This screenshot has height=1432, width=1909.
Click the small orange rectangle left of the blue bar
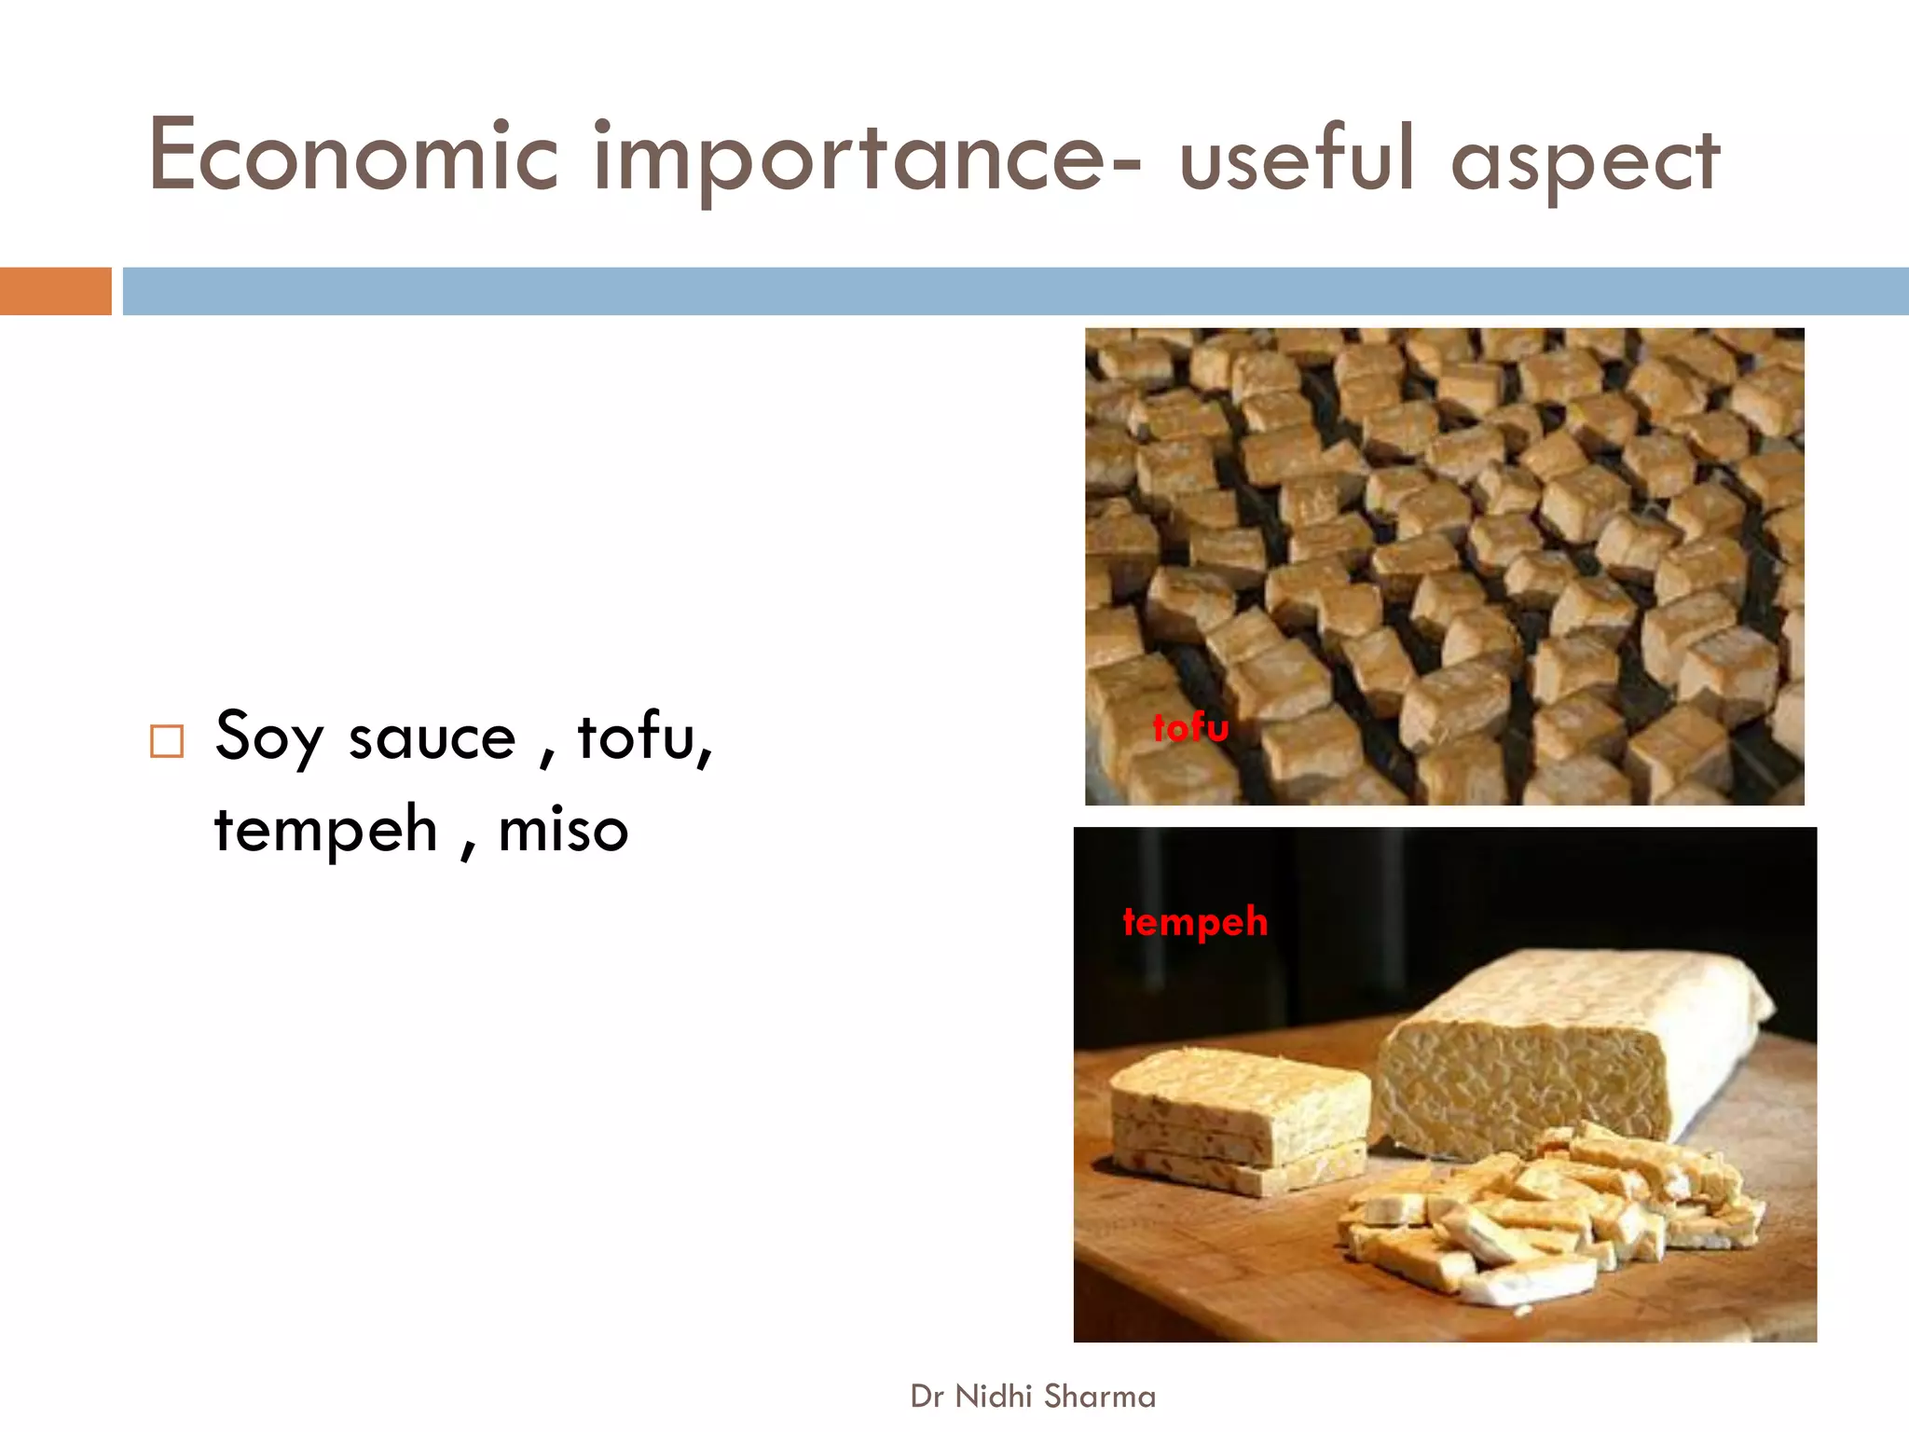coord(55,291)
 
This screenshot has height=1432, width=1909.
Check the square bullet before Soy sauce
coord(167,741)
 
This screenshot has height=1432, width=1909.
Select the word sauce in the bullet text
coord(432,738)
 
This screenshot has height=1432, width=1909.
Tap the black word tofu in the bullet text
coord(643,737)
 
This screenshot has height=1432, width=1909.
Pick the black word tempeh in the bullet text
coord(325,830)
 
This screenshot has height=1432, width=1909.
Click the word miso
coord(563,830)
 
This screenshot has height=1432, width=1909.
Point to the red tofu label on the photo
coord(1190,727)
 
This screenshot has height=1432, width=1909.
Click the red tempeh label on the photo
coord(1195,922)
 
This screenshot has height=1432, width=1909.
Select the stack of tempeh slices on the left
coord(1240,1119)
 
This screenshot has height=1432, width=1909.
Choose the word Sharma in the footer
coord(1100,1397)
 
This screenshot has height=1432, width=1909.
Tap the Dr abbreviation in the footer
coord(927,1397)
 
